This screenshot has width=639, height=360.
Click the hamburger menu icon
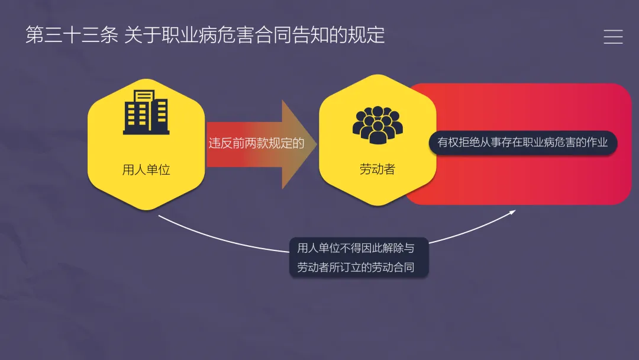click(x=613, y=37)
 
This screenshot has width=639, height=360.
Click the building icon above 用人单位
click(x=146, y=112)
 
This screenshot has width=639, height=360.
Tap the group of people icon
click(x=377, y=124)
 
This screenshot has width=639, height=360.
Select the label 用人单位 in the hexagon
click(x=146, y=170)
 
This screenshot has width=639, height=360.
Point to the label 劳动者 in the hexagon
click(x=377, y=169)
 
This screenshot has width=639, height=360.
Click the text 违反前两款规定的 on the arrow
click(x=256, y=144)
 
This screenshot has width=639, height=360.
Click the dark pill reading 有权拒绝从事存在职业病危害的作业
click(x=522, y=143)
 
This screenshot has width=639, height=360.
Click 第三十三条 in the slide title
click(x=72, y=35)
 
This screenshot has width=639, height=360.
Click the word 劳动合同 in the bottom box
click(x=392, y=267)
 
